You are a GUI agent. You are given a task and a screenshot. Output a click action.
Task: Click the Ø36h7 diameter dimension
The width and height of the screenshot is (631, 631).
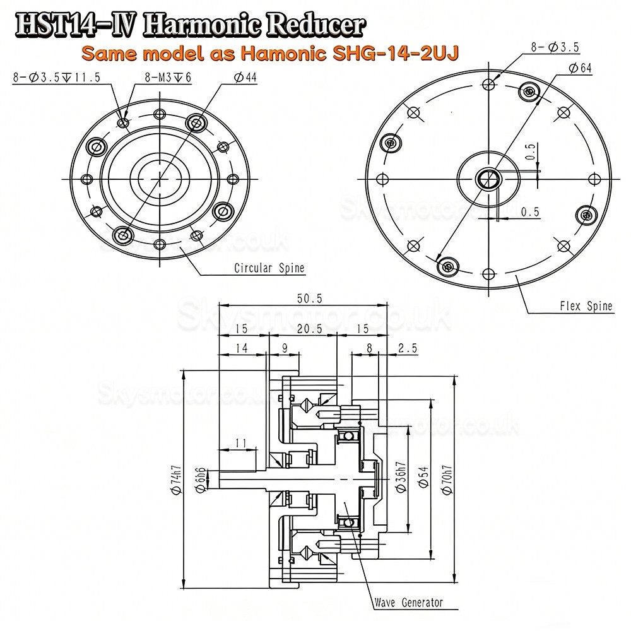[402, 479]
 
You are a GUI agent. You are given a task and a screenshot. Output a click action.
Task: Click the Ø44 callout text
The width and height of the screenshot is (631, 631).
[247, 78]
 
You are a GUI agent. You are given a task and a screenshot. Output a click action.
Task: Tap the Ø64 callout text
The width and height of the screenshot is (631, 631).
[580, 69]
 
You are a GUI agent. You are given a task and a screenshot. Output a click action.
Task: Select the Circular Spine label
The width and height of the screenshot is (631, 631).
[269, 268]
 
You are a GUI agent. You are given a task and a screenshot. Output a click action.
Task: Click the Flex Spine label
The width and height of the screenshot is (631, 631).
[586, 307]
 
